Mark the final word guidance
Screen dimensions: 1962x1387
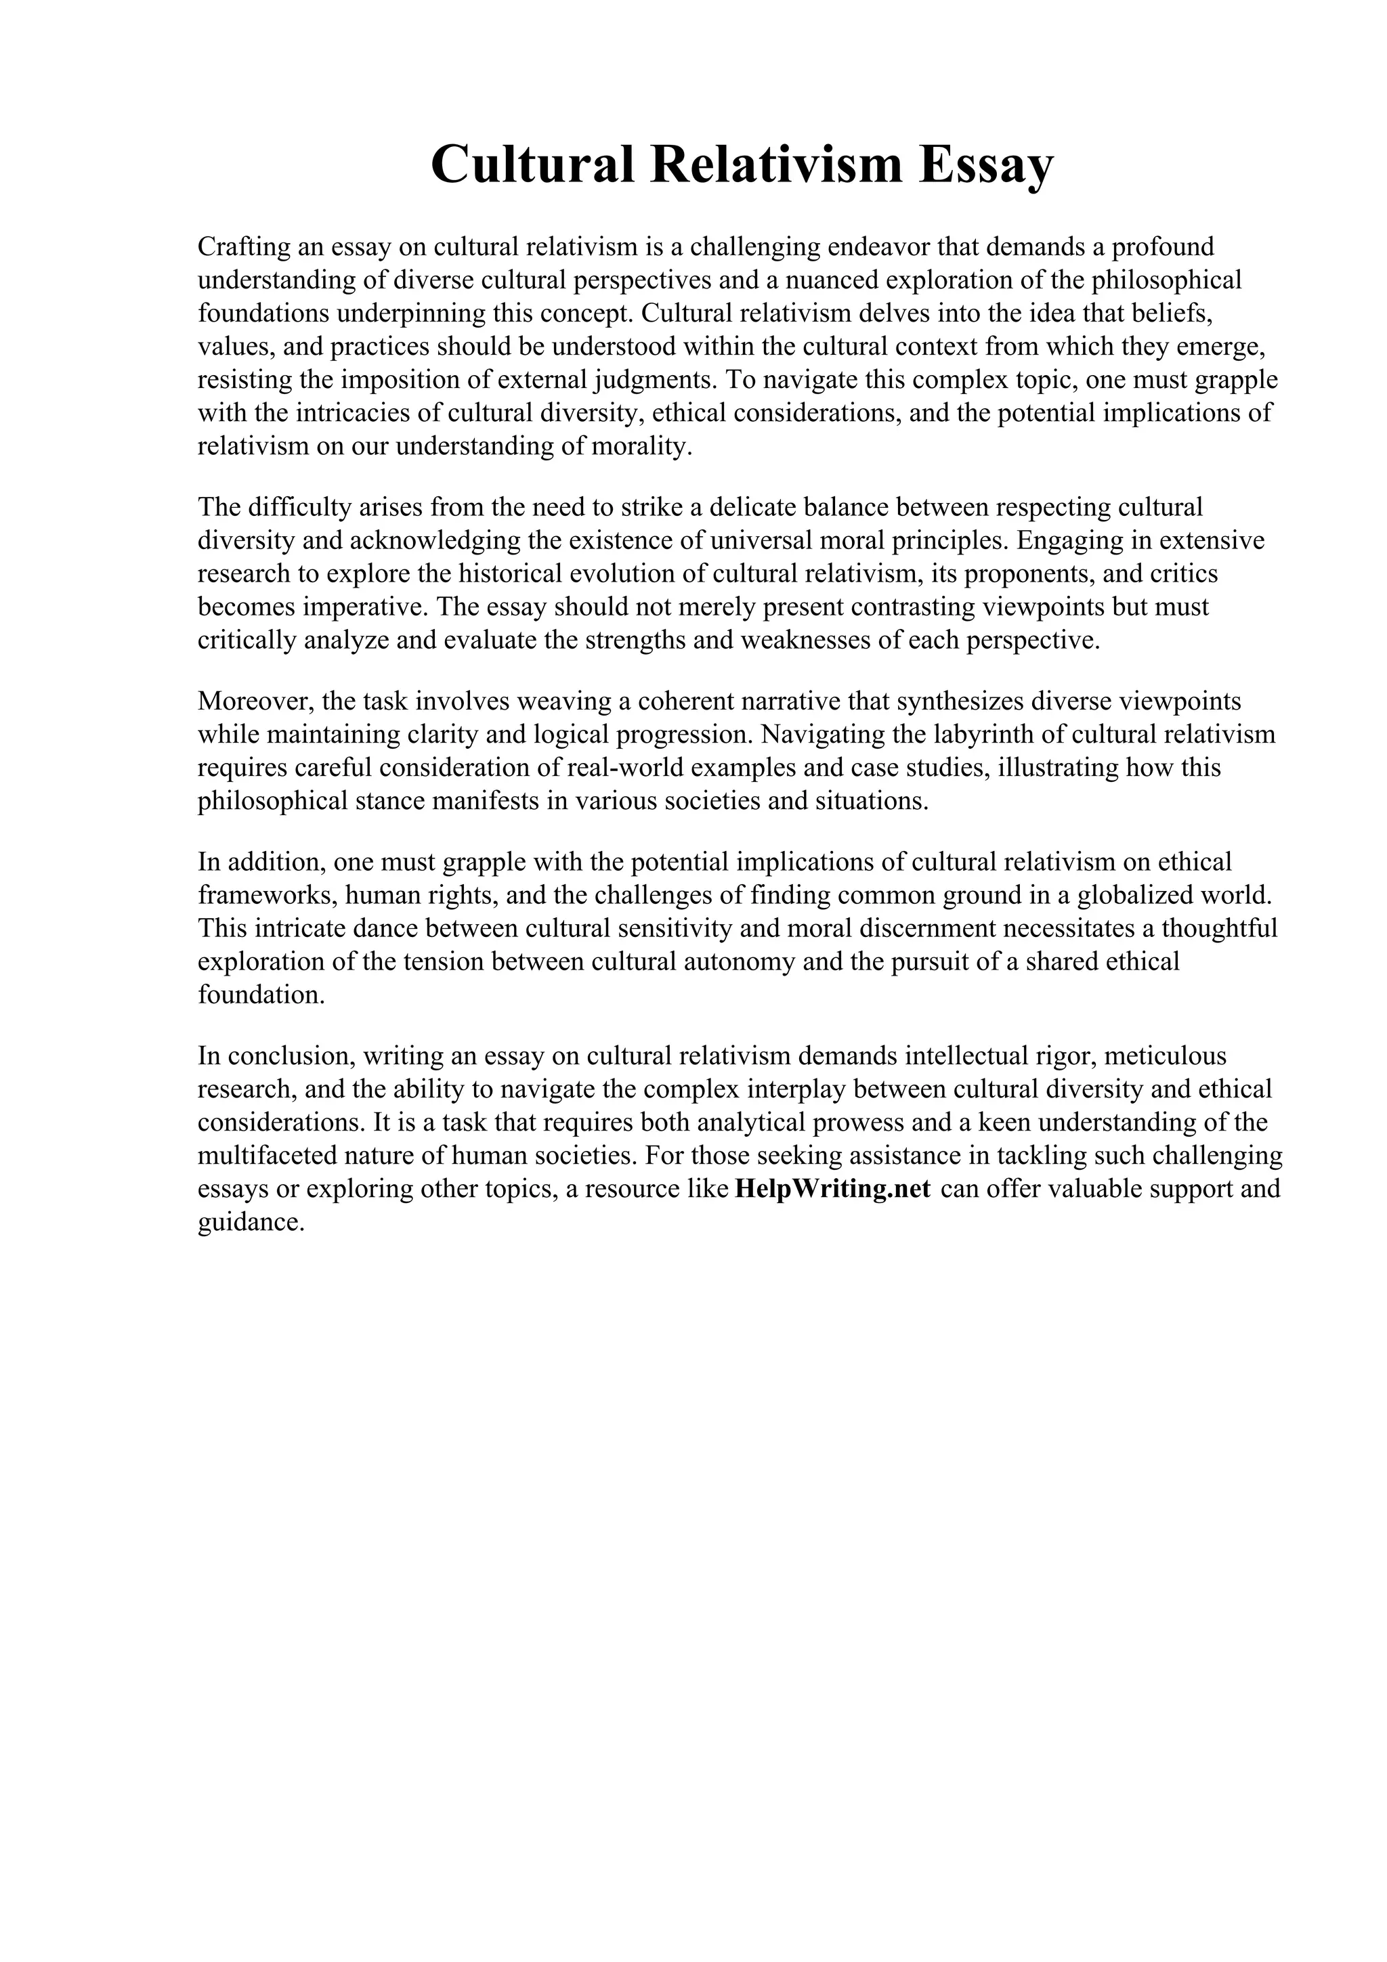(x=251, y=1223)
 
